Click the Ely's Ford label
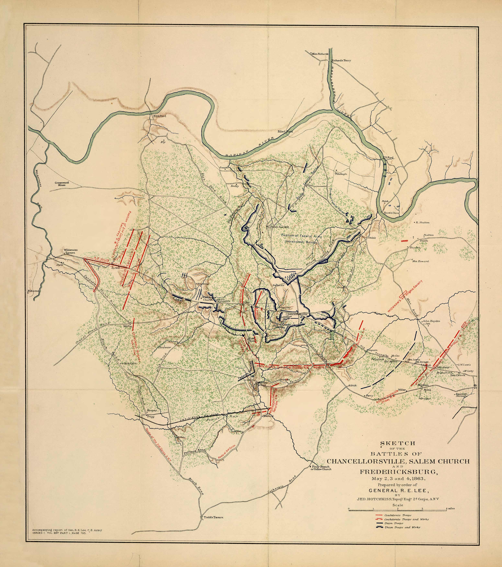pyautogui.click(x=160, y=116)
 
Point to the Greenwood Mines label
pyautogui.click(x=62, y=184)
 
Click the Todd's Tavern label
pyautogui.click(x=213, y=517)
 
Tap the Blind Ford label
pyautogui.click(x=285, y=131)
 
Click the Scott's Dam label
pyautogui.click(x=391, y=213)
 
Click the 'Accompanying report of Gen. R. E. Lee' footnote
pyautogui.click(x=67, y=530)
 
